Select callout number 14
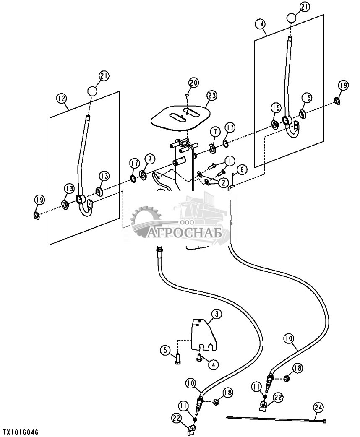(260, 24)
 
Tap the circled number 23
(212, 96)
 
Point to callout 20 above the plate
(193, 82)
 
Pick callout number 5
(165, 349)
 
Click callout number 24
(318, 406)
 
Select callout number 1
(230, 160)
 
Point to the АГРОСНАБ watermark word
(185, 232)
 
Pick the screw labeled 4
(200, 357)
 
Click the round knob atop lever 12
(92, 90)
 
